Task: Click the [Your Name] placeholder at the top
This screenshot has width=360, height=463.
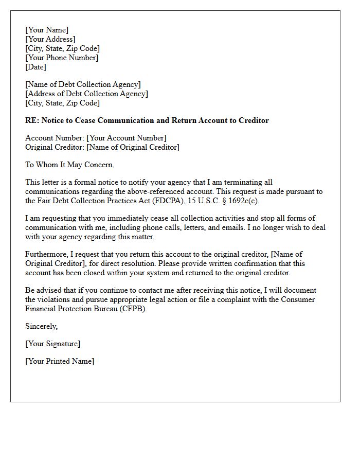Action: tap(47, 30)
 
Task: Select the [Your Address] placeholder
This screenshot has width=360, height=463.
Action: tap(50, 39)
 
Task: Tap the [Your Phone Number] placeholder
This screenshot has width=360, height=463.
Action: tap(62, 58)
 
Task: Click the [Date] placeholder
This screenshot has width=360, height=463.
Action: tap(35, 67)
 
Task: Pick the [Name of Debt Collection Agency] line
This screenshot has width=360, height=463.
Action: tap(83, 84)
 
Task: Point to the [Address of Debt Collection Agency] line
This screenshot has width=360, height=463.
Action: tap(86, 94)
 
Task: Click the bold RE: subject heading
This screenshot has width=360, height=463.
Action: tap(147, 120)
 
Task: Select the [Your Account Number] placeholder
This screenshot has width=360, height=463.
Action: tap(127, 138)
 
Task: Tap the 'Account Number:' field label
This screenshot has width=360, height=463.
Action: tap(55, 138)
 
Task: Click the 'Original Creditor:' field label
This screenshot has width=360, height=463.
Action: tap(55, 147)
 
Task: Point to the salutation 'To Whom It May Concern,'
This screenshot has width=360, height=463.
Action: tap(70, 165)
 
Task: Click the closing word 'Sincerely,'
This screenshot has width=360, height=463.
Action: tap(42, 326)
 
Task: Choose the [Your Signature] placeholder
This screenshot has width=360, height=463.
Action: tap(53, 344)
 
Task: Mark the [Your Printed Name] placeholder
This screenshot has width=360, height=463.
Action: tap(60, 361)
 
